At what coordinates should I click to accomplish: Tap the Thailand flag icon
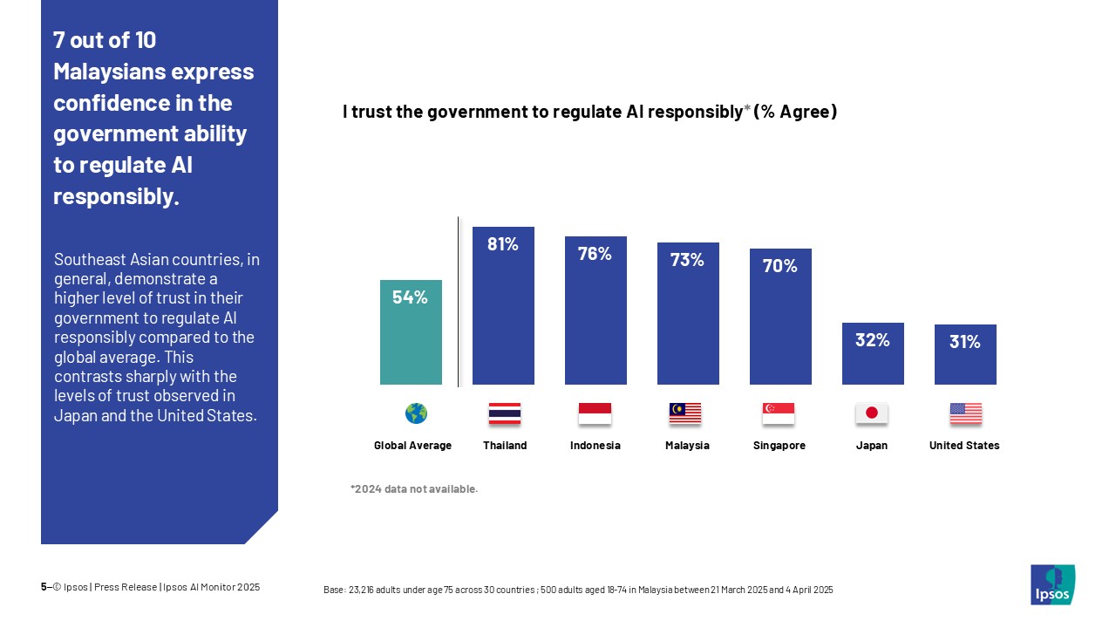click(x=504, y=413)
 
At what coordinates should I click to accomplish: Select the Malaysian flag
click(x=685, y=413)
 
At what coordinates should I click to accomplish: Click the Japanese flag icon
click(x=871, y=413)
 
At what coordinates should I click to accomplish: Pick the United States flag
click(x=965, y=413)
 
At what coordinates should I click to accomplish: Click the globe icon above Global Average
click(x=416, y=413)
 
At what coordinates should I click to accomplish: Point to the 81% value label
click(x=503, y=245)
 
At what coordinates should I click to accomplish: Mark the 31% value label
click(x=965, y=343)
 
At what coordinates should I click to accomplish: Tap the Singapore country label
click(x=779, y=446)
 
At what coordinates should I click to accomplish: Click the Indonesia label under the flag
click(x=595, y=446)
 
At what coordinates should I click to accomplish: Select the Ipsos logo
click(x=1052, y=584)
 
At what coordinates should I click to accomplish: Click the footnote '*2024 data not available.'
click(x=414, y=489)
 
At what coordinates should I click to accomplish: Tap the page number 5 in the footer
click(x=44, y=587)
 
